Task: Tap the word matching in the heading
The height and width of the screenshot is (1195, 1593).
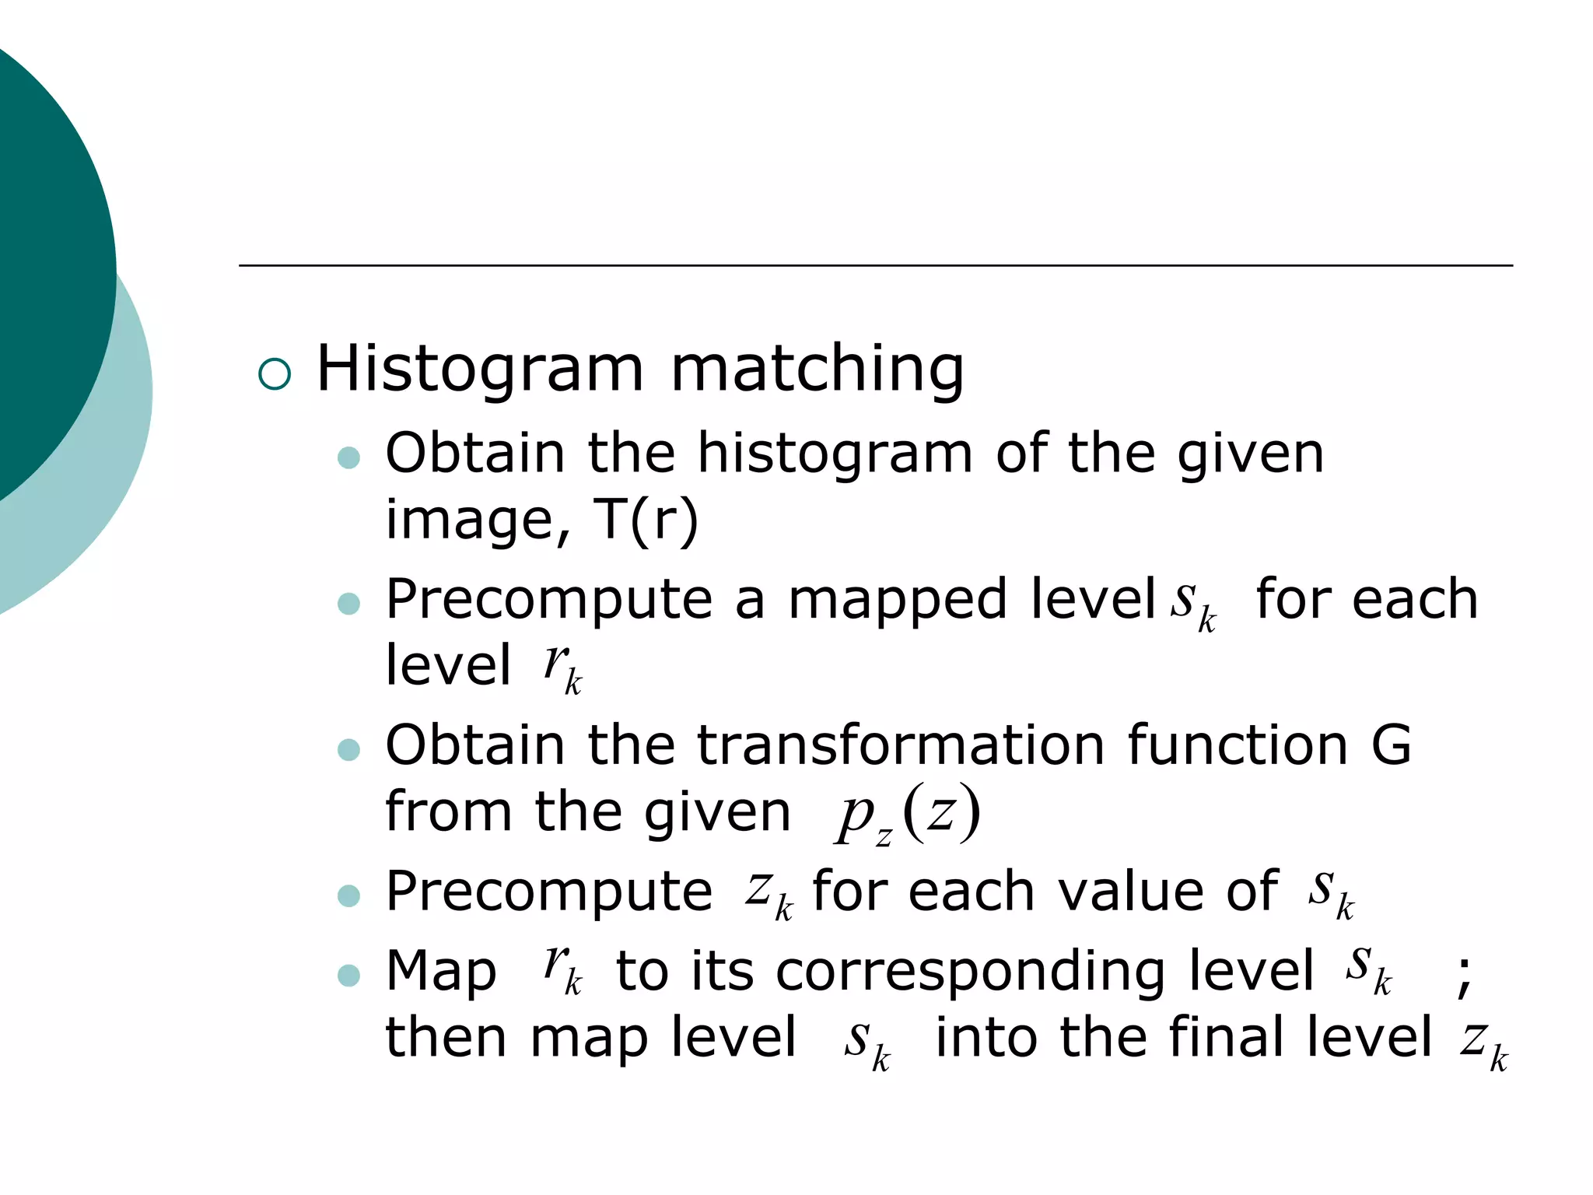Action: click(817, 369)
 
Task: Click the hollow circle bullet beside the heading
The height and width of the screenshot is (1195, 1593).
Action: click(275, 374)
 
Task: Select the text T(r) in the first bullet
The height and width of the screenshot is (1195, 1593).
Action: click(646, 520)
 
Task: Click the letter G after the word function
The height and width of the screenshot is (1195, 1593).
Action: click(1391, 745)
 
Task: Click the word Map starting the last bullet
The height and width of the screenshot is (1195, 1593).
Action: click(441, 972)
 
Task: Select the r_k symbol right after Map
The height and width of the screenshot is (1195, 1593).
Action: click(562, 970)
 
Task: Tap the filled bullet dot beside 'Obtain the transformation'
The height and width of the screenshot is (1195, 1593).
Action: click(349, 750)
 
